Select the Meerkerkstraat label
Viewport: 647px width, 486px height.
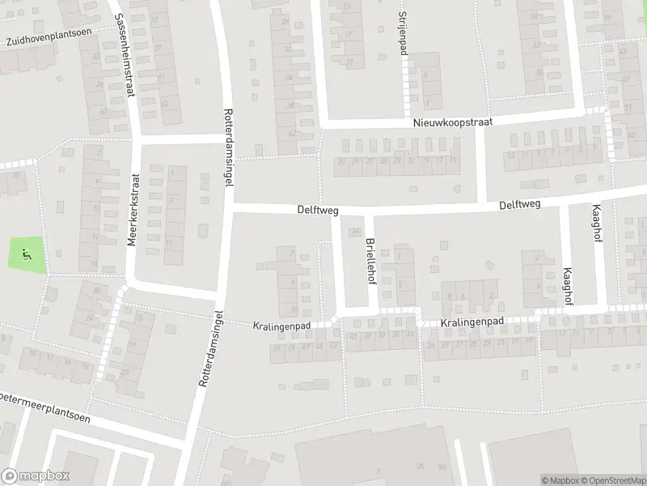[x=134, y=211]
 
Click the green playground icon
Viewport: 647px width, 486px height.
[x=27, y=255]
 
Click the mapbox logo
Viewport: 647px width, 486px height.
[x=35, y=476]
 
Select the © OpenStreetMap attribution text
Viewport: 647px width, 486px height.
[x=611, y=480]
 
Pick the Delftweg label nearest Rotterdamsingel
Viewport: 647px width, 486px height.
[x=317, y=210]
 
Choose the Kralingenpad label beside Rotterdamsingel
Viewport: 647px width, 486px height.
[x=281, y=326]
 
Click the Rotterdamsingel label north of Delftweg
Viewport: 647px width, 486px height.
[x=228, y=149]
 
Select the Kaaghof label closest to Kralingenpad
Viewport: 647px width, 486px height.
[x=568, y=286]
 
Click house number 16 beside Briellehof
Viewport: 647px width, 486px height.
[x=354, y=232]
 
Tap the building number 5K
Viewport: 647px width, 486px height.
[x=420, y=466]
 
